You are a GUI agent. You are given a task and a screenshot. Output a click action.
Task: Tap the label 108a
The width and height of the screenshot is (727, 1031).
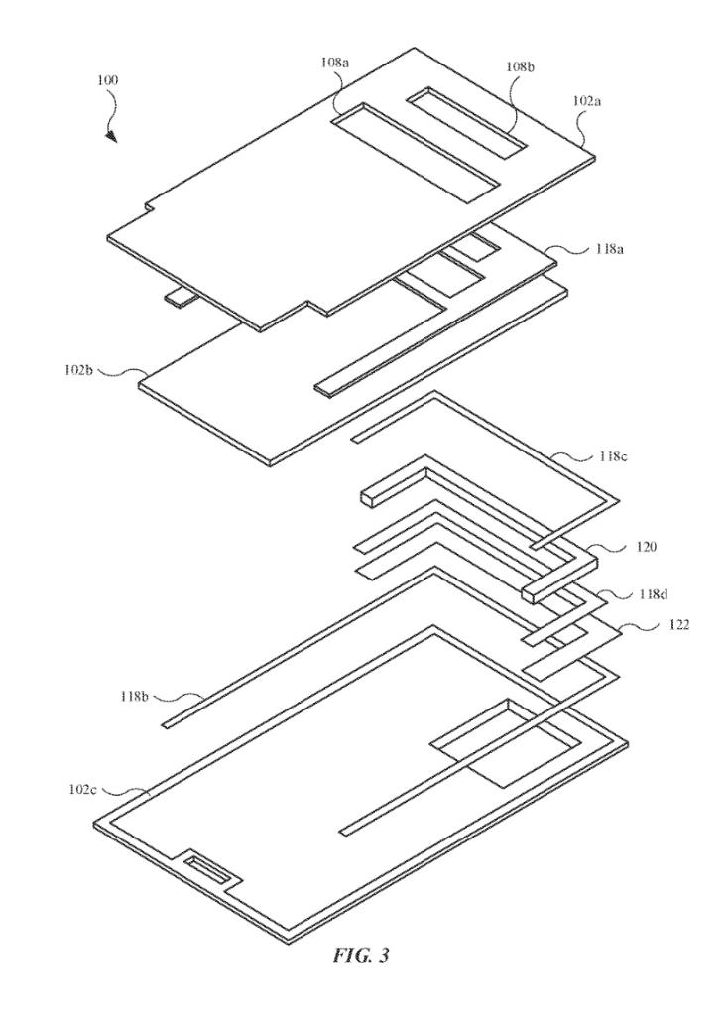[x=334, y=62]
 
